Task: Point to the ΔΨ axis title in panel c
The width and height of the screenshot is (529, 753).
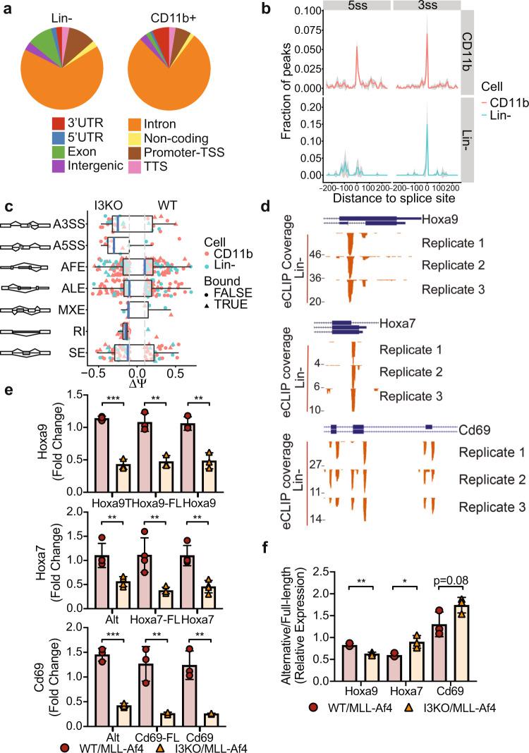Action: (136, 387)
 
